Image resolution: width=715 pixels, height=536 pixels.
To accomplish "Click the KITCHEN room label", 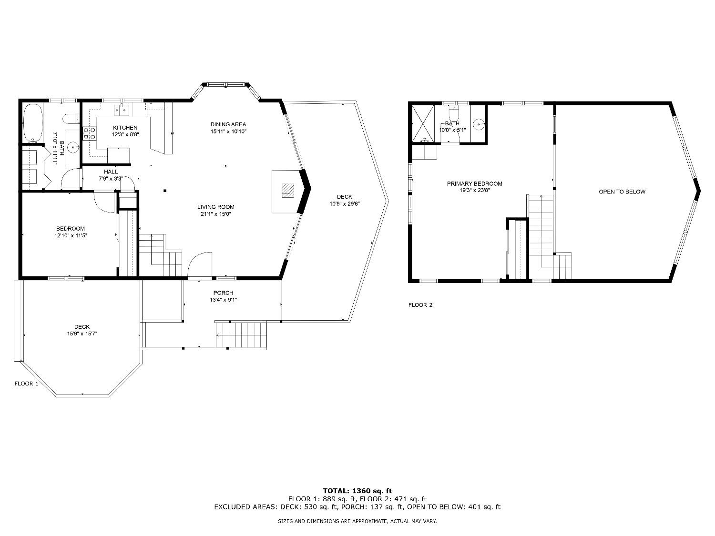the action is [125, 128].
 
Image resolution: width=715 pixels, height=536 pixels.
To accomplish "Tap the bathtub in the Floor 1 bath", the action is [32, 123].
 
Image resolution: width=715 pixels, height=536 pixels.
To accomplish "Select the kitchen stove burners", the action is [90, 133].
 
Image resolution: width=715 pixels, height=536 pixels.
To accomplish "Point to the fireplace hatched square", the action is [288, 191].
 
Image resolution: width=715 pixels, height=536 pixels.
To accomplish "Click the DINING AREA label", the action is [228, 124].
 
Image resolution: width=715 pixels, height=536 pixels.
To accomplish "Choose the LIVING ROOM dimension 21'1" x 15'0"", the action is [215, 214].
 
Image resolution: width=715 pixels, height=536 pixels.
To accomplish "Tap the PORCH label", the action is [223, 293].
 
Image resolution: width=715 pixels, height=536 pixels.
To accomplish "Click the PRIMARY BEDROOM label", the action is [474, 183].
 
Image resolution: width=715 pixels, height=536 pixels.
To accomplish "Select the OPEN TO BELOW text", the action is [622, 192].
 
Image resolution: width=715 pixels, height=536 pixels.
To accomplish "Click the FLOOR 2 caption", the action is [420, 305].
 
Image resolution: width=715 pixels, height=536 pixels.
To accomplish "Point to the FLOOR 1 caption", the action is [26, 384].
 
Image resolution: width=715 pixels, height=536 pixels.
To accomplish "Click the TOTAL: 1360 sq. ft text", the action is [357, 491].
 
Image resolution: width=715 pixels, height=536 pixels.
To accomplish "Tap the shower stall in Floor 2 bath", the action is [423, 124].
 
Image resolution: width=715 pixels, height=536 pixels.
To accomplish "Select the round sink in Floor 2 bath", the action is [479, 124].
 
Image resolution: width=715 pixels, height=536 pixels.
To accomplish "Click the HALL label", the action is [111, 172].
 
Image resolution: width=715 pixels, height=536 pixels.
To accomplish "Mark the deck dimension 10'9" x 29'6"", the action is [344, 204].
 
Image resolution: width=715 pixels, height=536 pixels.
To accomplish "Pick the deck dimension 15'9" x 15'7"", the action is [82, 334].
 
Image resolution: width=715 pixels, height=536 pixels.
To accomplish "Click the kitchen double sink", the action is [122, 111].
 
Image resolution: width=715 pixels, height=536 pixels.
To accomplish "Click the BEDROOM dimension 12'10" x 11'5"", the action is [71, 235].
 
